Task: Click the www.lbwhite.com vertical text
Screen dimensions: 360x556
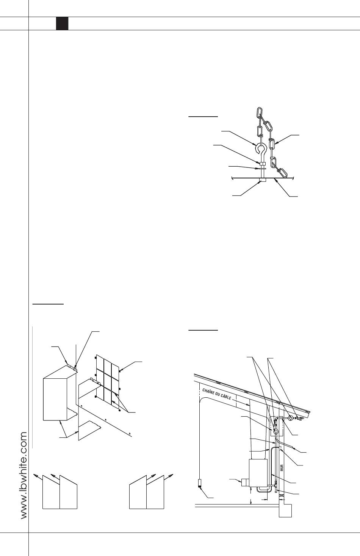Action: coord(24,475)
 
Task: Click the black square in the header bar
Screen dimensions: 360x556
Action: coord(62,23)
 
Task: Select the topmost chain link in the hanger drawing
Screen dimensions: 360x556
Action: coord(260,112)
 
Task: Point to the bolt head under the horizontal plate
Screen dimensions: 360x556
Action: coord(263,180)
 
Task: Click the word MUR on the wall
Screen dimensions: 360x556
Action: coord(282,468)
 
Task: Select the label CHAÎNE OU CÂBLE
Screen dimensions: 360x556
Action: coord(217,394)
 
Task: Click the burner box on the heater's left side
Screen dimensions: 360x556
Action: coord(245,483)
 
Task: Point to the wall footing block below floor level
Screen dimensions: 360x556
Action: coord(285,511)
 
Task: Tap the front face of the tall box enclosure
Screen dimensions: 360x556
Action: coord(55,399)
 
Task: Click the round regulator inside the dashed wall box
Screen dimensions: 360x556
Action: coord(275,431)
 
